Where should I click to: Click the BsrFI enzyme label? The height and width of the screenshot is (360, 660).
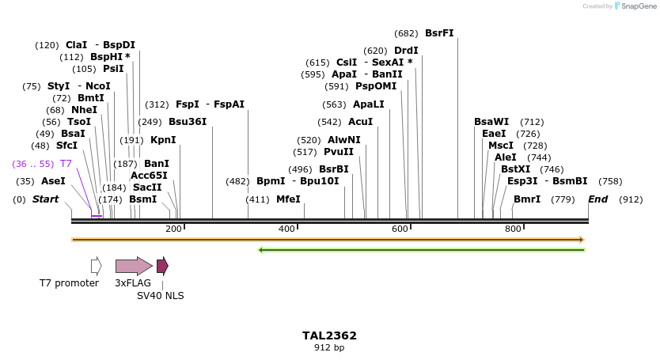[x=439, y=33]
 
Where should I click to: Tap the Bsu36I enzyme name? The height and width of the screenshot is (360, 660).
[x=188, y=122]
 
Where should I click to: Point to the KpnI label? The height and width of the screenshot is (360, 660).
[x=163, y=140]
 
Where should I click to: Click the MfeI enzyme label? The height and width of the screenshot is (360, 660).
[x=288, y=199]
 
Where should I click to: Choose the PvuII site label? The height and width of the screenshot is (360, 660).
[x=339, y=152]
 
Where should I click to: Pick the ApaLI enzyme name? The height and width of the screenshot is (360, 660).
[x=369, y=104]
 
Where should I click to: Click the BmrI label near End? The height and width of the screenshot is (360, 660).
[x=527, y=199]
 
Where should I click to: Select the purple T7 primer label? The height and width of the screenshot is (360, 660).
[x=66, y=164]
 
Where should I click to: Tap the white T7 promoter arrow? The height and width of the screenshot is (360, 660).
[x=96, y=266]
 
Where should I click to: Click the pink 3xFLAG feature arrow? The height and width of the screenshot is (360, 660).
[x=133, y=266]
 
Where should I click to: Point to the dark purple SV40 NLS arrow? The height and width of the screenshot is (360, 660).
[x=162, y=266]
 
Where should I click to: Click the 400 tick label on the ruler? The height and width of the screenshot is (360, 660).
[x=286, y=229]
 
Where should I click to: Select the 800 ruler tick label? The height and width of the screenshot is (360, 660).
[x=513, y=229]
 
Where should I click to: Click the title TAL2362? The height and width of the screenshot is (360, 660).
[x=329, y=335]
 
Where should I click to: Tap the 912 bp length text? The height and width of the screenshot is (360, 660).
[x=329, y=347]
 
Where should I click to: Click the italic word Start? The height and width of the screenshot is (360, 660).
[x=45, y=199]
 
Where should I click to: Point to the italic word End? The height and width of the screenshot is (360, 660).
[x=597, y=199]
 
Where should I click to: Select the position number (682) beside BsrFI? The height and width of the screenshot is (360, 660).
[x=406, y=33]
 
